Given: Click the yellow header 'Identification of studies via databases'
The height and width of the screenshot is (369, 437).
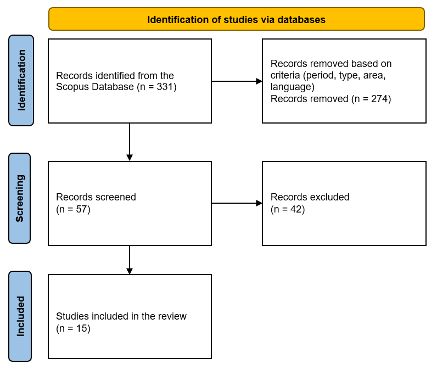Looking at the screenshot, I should [x=236, y=19].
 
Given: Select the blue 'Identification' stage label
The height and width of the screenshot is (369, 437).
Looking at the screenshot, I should [x=21, y=80].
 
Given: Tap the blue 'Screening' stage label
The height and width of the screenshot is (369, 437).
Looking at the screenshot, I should [x=20, y=198].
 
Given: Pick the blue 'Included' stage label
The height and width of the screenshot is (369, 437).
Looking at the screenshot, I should [x=20, y=316].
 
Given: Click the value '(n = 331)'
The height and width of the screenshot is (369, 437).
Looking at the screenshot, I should [x=156, y=87].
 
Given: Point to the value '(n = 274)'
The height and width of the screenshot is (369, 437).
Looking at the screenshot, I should [x=371, y=99].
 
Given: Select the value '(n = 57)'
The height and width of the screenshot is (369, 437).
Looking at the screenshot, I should [x=73, y=209].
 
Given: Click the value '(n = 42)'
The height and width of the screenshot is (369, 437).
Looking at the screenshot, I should [x=287, y=209].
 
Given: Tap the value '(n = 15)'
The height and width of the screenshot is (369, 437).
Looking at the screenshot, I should [x=73, y=328].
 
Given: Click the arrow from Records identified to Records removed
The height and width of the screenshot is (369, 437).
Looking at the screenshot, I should [x=237, y=81].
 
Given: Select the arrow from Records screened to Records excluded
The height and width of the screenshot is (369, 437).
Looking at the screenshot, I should [x=237, y=203].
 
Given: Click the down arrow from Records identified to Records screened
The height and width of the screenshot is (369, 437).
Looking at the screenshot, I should [x=130, y=142].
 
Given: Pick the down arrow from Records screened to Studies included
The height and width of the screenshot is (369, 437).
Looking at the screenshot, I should [x=130, y=260].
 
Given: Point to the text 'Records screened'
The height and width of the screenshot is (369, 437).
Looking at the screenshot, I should [x=96, y=197].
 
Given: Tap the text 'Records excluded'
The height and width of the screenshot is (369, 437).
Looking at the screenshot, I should [x=310, y=197].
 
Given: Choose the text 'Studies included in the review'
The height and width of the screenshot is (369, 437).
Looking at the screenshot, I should [x=121, y=316].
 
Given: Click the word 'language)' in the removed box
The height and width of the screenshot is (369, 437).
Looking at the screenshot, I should [x=292, y=87].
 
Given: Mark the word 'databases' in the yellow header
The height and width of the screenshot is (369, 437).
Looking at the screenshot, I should [x=301, y=20].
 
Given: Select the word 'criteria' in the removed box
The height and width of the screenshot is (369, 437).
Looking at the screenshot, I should [x=284, y=75].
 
